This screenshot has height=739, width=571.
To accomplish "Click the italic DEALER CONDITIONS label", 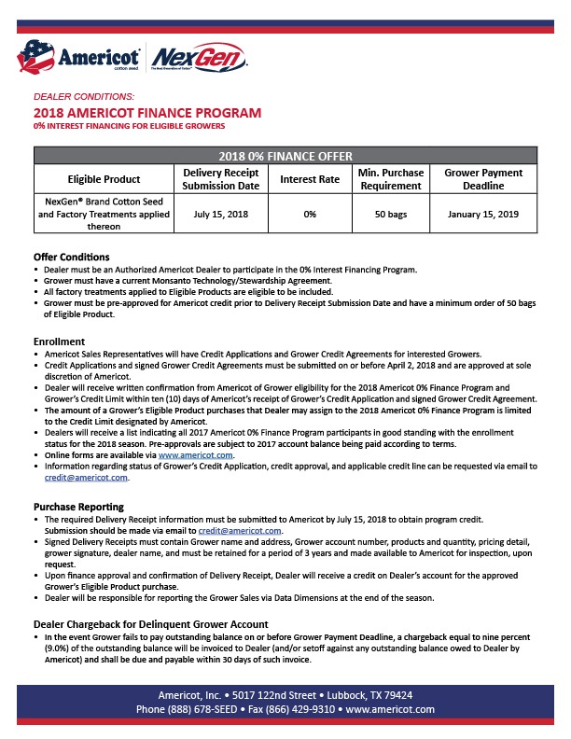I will click(x=84, y=97).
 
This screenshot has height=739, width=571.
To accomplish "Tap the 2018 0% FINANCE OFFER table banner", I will click(x=285, y=156).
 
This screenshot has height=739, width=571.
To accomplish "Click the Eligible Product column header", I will click(x=104, y=179).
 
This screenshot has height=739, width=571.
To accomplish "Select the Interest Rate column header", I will click(x=310, y=179).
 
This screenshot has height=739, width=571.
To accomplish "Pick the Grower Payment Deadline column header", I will click(x=482, y=179).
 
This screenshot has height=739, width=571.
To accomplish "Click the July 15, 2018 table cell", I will click(x=221, y=214).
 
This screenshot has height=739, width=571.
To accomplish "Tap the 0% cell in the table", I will click(x=310, y=214).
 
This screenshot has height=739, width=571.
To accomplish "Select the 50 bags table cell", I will click(x=390, y=214).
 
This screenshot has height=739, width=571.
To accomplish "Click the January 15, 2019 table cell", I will click(x=482, y=214).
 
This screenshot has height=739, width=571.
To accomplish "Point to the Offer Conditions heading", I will click(x=72, y=257).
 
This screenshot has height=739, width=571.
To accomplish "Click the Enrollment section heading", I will click(x=60, y=342).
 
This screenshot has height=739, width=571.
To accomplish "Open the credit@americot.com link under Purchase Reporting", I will click(x=244, y=530).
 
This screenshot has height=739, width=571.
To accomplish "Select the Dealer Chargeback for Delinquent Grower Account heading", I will click(x=151, y=623).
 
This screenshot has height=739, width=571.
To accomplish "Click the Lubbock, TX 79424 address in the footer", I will click(x=367, y=695).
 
